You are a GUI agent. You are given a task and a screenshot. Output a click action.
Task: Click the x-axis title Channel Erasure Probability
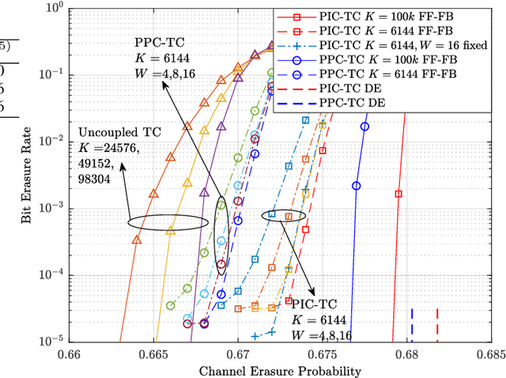pyautogui.click(x=281, y=370)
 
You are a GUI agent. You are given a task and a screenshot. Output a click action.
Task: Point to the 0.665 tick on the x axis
pyautogui.click(x=153, y=354)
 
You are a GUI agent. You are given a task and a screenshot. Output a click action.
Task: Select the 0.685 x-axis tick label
pyautogui.click(x=491, y=354)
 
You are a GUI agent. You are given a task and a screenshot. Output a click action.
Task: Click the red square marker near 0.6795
pyautogui.click(x=399, y=193)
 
